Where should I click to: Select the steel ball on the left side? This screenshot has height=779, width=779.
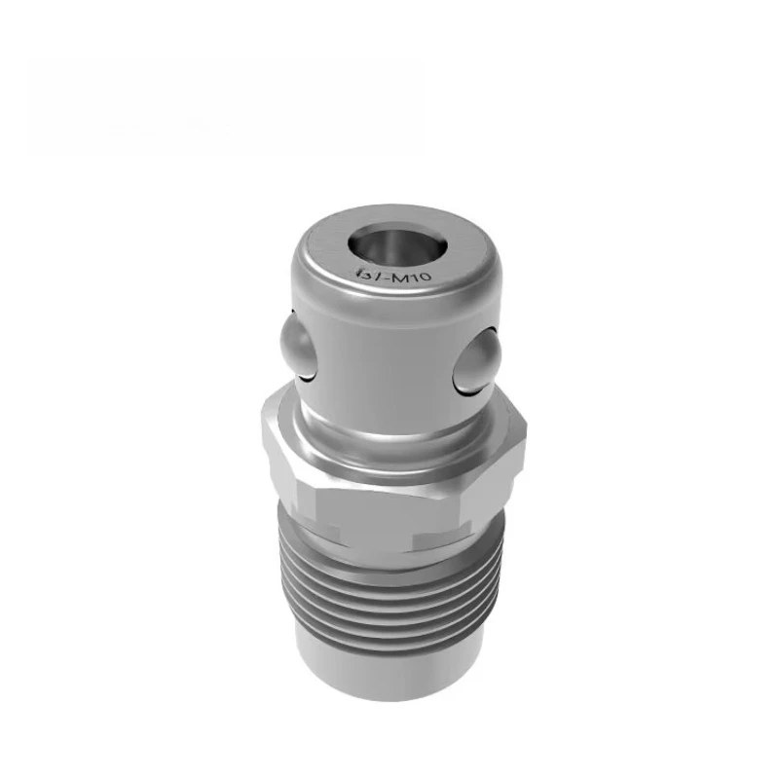294,343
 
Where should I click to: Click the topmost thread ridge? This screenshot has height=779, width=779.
389,571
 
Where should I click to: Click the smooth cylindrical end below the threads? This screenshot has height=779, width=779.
389,672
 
